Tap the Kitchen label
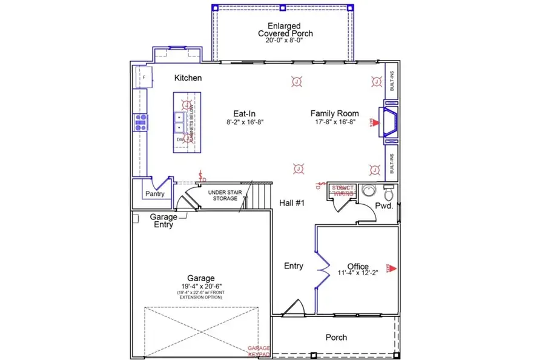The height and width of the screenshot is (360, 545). click(188, 78)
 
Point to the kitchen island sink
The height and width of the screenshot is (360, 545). click(180, 122)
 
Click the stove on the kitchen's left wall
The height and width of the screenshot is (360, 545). click(140, 122)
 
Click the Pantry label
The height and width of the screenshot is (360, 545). click(155, 194)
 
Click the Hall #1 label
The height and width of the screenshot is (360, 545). click(291, 203)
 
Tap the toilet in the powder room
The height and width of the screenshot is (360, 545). click(389, 193)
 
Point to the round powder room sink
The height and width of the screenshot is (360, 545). click(368, 192)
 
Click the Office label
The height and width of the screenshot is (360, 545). click(358, 266)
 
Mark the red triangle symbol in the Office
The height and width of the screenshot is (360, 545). click(392, 267)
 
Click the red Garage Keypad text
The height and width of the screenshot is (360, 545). click(259, 351)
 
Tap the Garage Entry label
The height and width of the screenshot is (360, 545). click(163, 221)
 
